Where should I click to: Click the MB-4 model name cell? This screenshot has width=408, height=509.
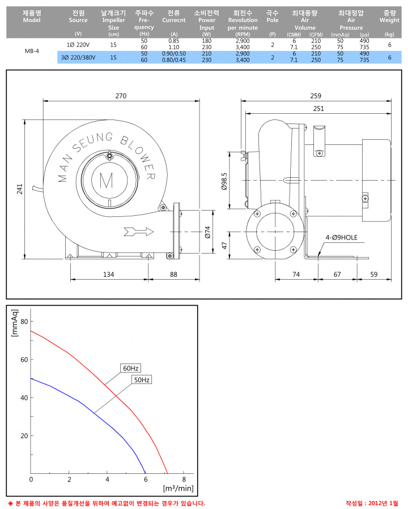point(32,51)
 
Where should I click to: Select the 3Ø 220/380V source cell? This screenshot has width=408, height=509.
point(78,57)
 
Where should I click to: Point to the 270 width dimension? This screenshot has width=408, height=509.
point(121,96)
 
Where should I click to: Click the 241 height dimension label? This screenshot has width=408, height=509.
point(20,189)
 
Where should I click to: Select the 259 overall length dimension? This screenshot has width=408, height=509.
point(316,96)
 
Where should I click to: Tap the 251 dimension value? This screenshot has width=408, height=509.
point(318,108)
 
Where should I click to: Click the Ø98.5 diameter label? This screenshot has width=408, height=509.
point(224,181)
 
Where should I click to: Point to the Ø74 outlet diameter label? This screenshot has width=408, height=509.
point(207,232)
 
